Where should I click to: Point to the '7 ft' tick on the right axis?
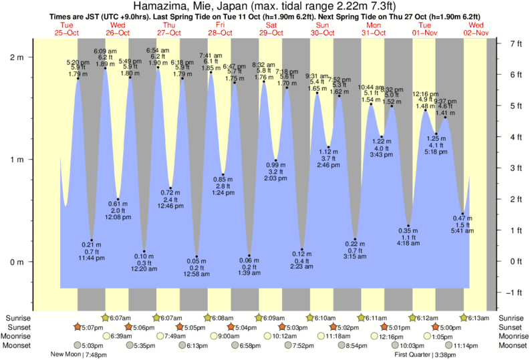pos(516,43)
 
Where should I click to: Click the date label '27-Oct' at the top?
pos(169,33)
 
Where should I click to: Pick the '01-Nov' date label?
pos(425,33)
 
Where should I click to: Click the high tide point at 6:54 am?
pos(158,67)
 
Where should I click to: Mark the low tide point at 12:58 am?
pos(196,256)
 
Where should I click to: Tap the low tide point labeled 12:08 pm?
pos(118,199)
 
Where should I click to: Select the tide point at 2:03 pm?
pos(275,160)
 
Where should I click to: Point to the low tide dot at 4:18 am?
pos(408,226)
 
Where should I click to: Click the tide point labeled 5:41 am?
pos(462,214)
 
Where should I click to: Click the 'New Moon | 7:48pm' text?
pos(78,355)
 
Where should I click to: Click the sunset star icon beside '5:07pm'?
pos(78,327)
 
